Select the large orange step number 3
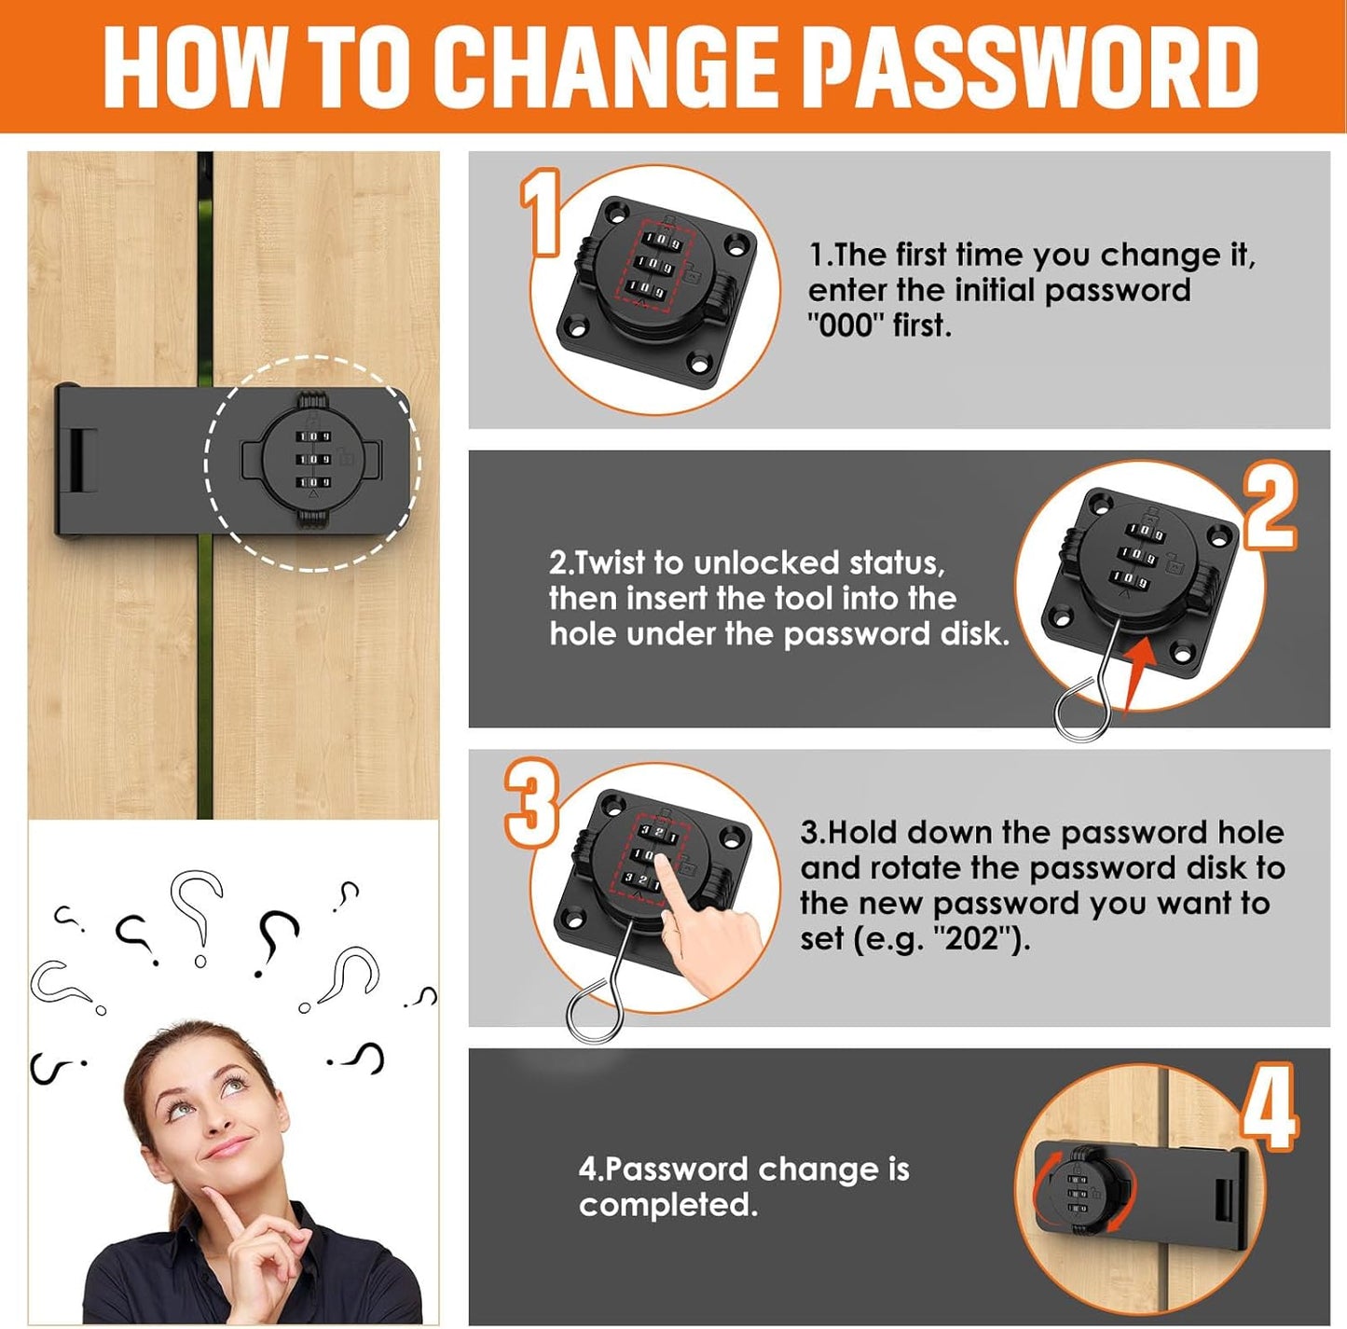[x=532, y=805]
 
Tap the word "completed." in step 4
[x=668, y=1205]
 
